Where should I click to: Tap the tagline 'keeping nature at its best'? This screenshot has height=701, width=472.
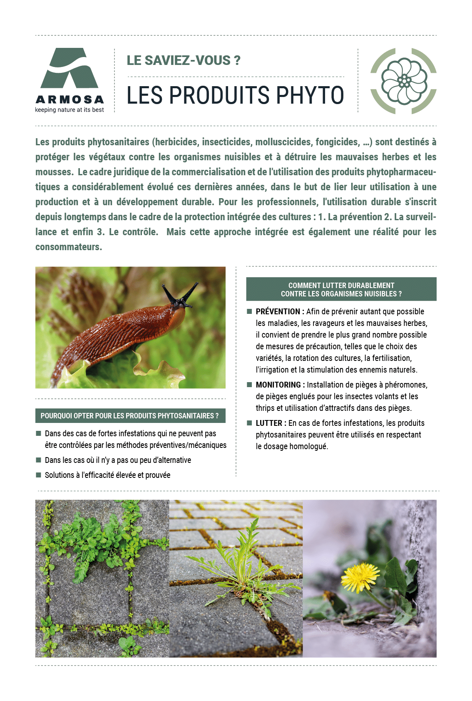70,110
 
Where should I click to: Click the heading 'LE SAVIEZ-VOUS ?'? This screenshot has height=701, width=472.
184,60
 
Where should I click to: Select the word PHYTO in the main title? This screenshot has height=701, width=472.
310,95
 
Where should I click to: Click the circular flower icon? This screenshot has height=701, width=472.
403,81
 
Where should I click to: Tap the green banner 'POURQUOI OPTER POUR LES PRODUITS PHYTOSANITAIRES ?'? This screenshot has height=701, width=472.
130,416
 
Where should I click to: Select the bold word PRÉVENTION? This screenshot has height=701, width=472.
278,312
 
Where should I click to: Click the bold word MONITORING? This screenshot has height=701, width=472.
278,385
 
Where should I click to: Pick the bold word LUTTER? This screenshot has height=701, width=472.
269,423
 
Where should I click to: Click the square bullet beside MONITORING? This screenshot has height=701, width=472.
249,385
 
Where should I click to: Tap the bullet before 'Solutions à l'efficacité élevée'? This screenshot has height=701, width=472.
38,475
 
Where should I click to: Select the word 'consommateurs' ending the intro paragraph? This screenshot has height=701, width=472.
69,247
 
